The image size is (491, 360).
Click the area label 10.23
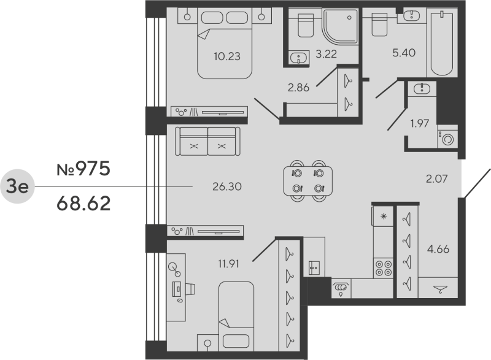227,56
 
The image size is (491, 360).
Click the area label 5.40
404,53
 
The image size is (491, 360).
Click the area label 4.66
437,249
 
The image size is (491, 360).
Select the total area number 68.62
83,203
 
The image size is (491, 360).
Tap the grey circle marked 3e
17,186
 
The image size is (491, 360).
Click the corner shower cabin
341,31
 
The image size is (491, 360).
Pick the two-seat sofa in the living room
209,142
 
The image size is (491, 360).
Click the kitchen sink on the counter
340,286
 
